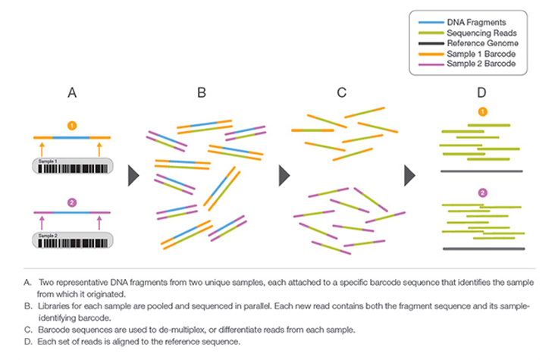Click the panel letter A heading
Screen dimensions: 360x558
[72, 92]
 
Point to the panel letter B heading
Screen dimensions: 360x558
[202, 92]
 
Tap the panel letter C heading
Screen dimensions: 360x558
[341, 92]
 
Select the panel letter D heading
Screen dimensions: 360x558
[482, 92]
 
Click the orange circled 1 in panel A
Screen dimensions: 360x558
[72, 124]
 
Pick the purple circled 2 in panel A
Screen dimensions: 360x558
[72, 202]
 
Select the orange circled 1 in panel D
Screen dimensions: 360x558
[482, 112]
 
